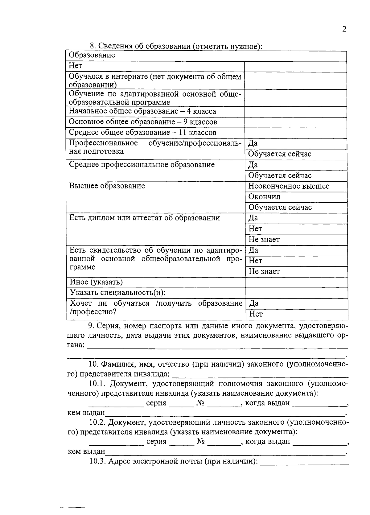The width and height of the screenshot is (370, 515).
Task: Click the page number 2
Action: pyautogui.click(x=344, y=29)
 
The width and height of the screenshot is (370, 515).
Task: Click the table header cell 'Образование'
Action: pyautogui.click(x=92, y=56)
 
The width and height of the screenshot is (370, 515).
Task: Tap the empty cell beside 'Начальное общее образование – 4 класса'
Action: pyautogui.click(x=295, y=112)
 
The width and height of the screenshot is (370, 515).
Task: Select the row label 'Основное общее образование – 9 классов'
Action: pyautogui.click(x=143, y=122)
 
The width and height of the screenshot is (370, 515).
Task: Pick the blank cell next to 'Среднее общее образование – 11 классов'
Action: pyautogui.click(x=295, y=133)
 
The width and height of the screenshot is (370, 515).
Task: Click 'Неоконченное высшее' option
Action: pyautogui.click(x=289, y=186)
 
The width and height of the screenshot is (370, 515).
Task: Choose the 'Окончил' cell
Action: pyautogui.click(x=265, y=197)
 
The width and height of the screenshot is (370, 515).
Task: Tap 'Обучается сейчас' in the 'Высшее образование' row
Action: pyautogui.click(x=280, y=208)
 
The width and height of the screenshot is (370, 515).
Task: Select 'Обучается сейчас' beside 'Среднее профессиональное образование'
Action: pyautogui.click(x=280, y=176)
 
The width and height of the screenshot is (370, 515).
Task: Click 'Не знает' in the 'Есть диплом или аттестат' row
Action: pyautogui.click(x=264, y=240)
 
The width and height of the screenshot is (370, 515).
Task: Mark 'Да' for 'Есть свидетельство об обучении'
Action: pyautogui.click(x=253, y=250)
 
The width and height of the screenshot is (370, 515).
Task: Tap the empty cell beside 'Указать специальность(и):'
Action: pyautogui.click(x=296, y=293)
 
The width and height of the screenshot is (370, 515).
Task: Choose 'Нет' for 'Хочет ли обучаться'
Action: pyautogui.click(x=256, y=314)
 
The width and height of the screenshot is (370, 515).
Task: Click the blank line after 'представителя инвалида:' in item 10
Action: pyautogui.click(x=260, y=374)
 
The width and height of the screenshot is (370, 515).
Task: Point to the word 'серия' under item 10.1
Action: pyautogui.click(x=156, y=403)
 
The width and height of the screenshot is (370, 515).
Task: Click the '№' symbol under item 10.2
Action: pyautogui.click(x=201, y=442)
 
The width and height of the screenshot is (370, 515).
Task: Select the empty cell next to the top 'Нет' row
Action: pyautogui.click(x=295, y=67)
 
